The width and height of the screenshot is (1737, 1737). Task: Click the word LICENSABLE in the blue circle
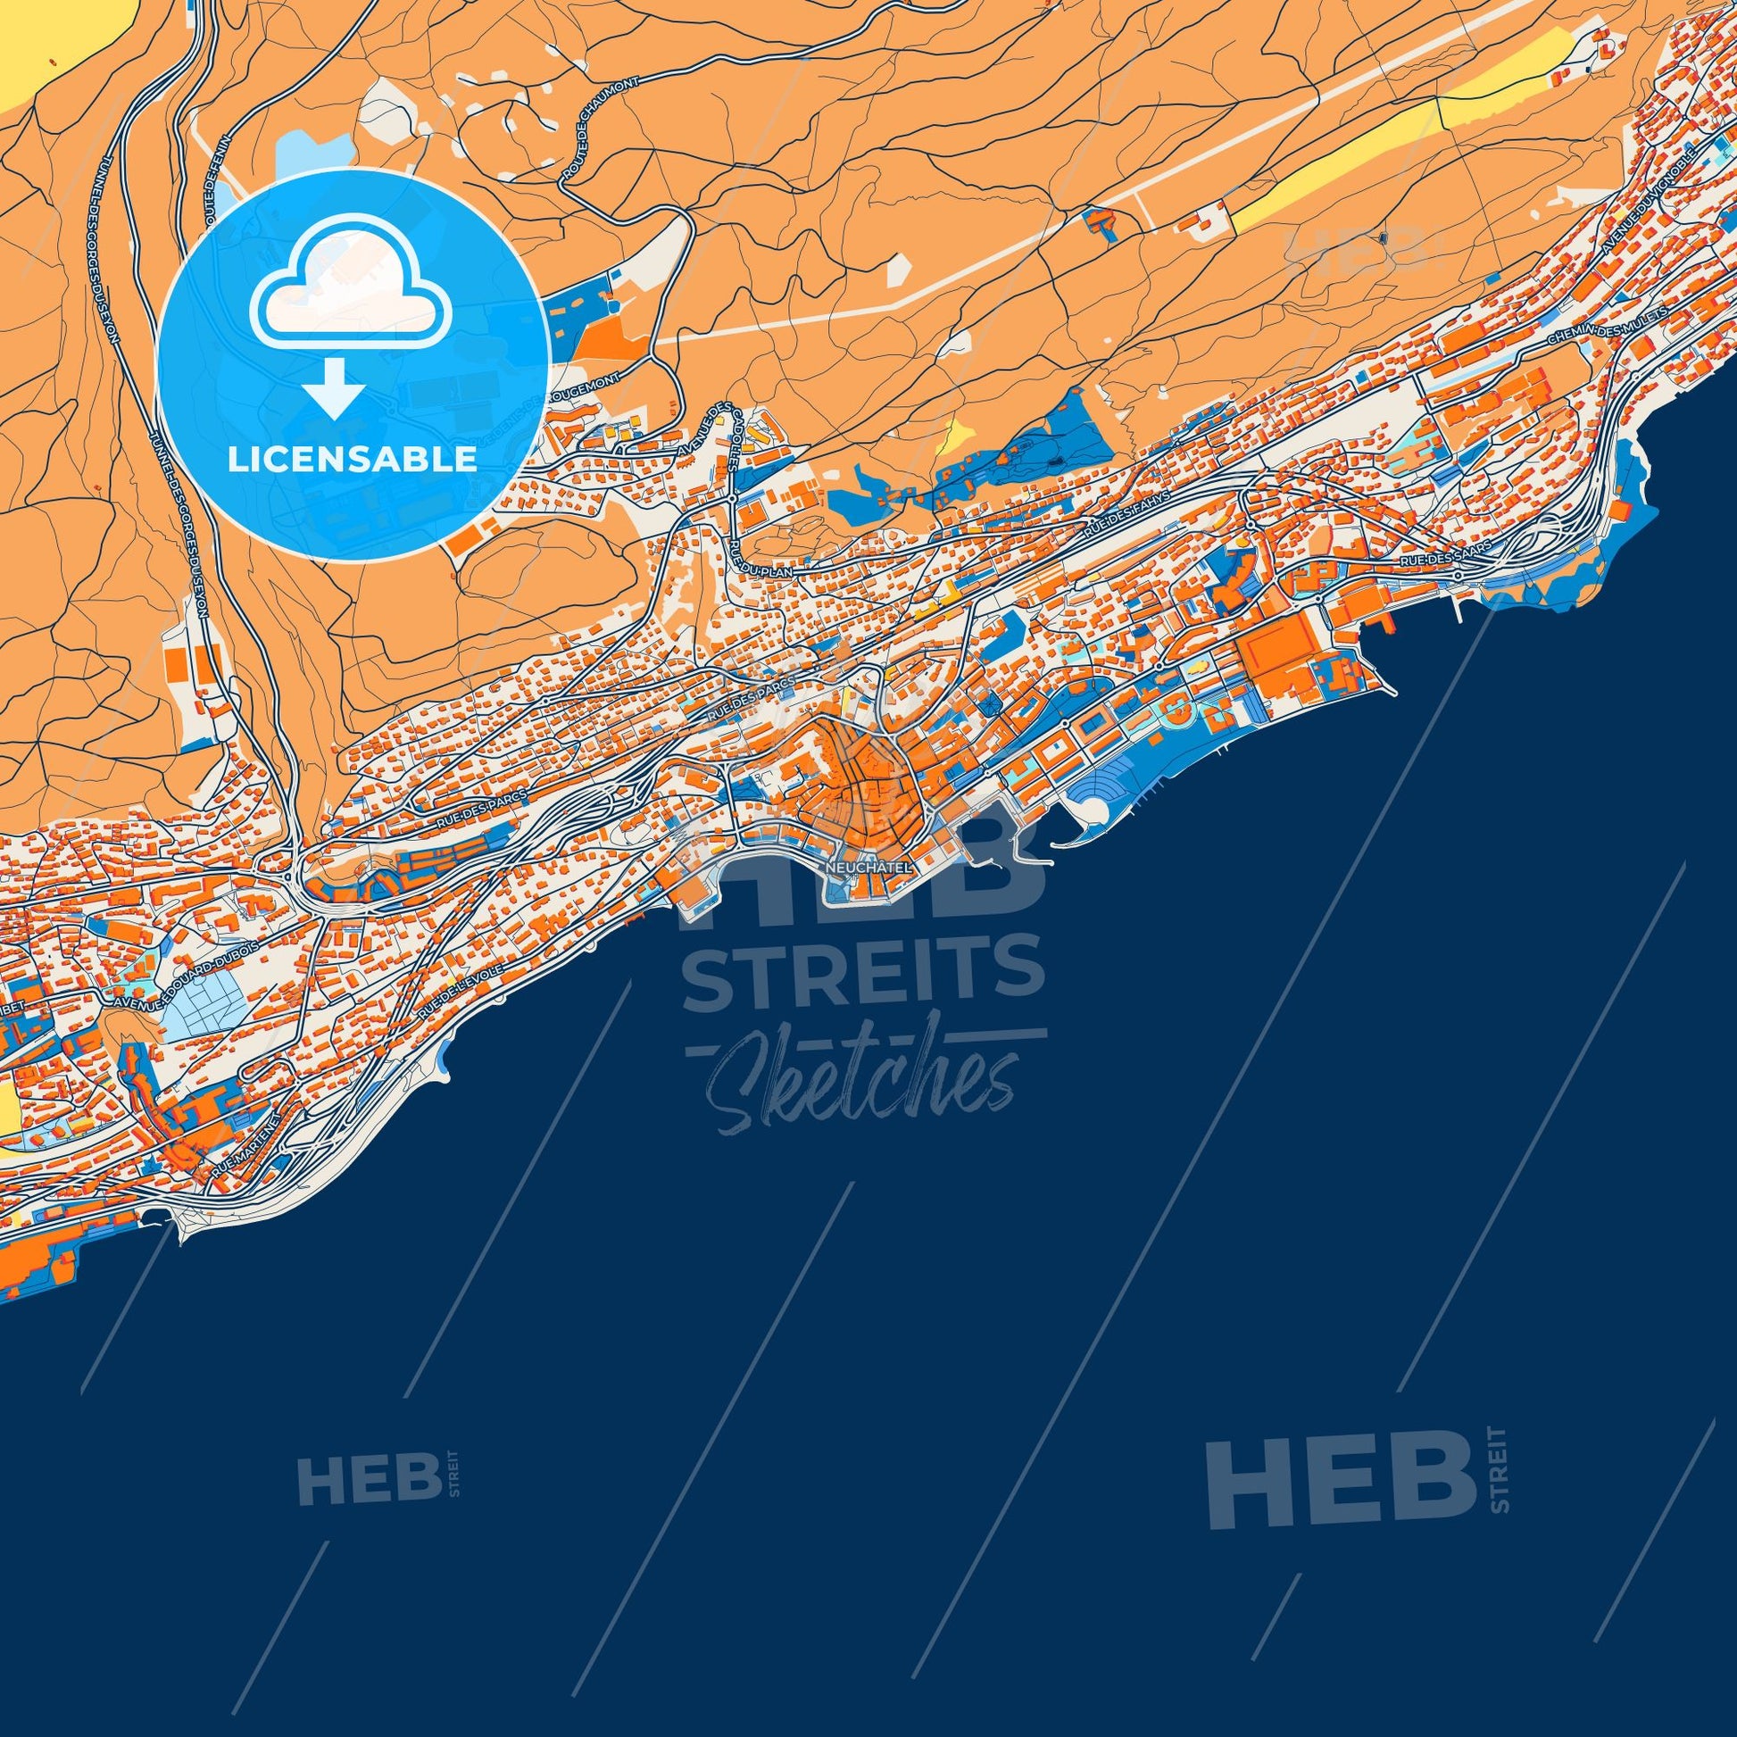coord(352,460)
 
